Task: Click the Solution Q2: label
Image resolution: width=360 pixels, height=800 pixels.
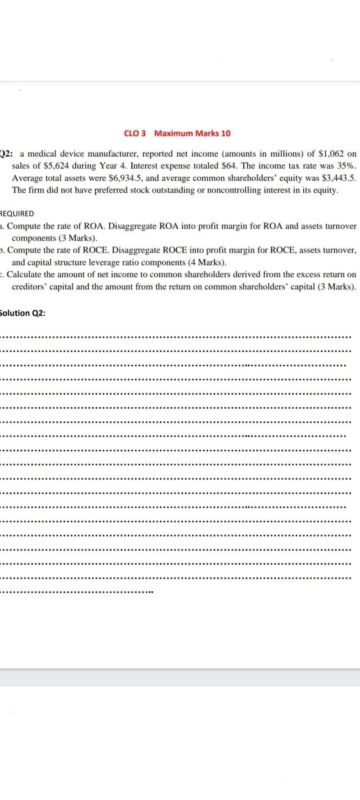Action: tap(22, 313)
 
